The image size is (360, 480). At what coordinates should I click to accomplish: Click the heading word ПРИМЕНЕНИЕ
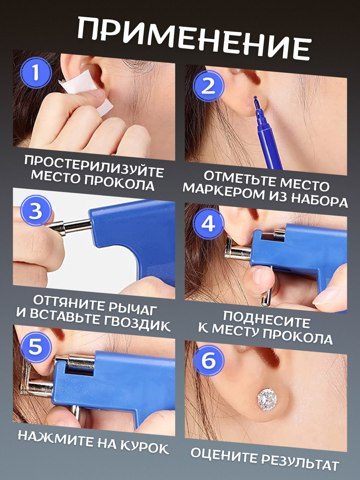[194, 39]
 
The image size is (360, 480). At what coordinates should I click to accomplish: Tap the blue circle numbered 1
[36, 72]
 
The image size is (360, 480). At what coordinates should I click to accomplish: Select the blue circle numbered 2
[208, 86]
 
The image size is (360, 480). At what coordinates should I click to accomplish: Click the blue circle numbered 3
[36, 210]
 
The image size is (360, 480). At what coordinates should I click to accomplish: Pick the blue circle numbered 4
[208, 224]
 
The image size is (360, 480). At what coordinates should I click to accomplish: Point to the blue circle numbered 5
[36, 347]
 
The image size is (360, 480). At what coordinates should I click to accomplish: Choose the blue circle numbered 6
[208, 361]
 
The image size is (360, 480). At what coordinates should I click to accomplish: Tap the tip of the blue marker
[255, 99]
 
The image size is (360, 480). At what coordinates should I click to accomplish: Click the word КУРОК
[145, 447]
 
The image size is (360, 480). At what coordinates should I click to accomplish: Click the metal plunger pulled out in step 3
[70, 227]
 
